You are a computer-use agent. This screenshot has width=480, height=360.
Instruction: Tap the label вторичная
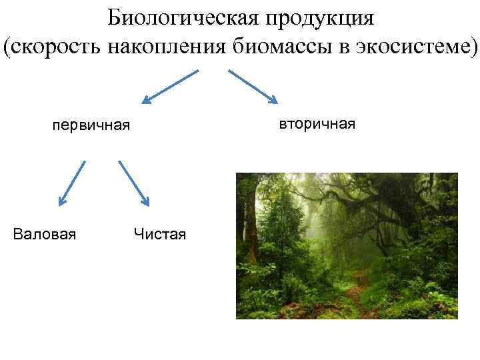tap(317, 124)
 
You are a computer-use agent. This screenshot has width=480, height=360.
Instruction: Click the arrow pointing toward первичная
tap(171, 87)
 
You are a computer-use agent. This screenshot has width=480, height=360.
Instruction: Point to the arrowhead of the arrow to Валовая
tap(62, 199)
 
